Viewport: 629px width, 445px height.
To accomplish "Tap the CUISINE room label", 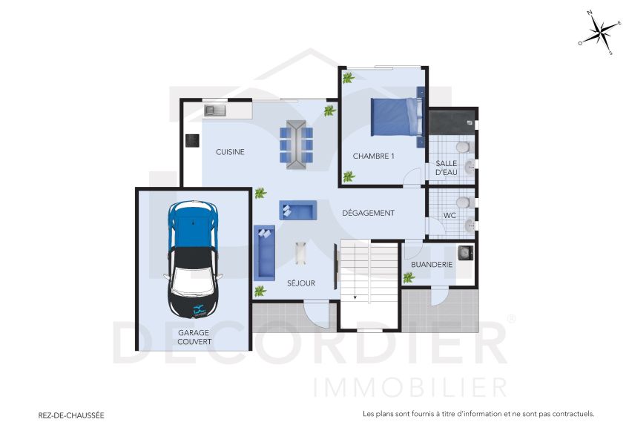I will click(230, 152).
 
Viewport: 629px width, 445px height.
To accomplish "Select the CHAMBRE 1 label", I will click(373, 156).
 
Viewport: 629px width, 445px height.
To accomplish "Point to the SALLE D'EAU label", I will click(447, 168).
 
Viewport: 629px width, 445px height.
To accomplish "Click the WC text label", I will click(449, 216).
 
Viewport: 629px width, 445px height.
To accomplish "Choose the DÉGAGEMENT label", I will click(368, 213).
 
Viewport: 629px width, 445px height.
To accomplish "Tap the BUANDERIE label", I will click(431, 264).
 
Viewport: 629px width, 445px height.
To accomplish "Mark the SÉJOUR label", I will click(301, 283).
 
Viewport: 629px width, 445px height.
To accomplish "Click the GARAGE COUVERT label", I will click(194, 337).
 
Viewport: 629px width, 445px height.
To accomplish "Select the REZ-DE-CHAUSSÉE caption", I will click(71, 416).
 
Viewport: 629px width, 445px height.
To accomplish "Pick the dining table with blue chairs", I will click(297, 142).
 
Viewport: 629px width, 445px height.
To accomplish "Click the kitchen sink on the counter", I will click(215, 111).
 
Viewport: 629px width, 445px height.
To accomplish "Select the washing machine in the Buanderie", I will click(464, 254).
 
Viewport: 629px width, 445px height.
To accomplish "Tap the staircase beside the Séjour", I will click(369, 271).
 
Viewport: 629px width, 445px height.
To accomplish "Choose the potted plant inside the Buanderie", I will click(409, 277).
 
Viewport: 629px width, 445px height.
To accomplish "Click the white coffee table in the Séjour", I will click(300, 254).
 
